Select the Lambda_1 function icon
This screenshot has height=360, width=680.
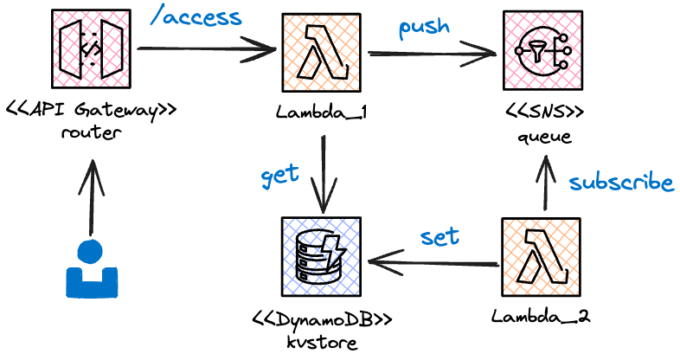point(323,55)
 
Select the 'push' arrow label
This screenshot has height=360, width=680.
point(424,27)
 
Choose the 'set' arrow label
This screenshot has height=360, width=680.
point(439,236)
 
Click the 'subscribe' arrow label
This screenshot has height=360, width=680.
point(620,183)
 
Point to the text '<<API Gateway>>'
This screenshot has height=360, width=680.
point(86,111)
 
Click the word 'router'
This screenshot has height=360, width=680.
point(87,134)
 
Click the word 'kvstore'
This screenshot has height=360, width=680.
point(322,340)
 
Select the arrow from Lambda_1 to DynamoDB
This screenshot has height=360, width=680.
point(323,173)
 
